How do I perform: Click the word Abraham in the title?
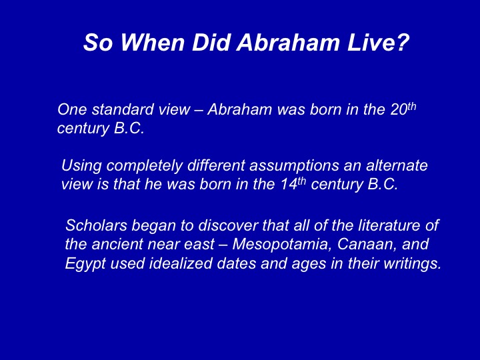pos(287,42)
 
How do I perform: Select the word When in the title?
pos(152,42)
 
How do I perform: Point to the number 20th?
pos(403,109)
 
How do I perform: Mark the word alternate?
pos(397,165)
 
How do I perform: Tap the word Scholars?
pos(96,225)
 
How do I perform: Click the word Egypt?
pos(85,264)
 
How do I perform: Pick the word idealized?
pos(181,263)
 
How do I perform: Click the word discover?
pos(228,225)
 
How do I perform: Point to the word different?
pos(216,165)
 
